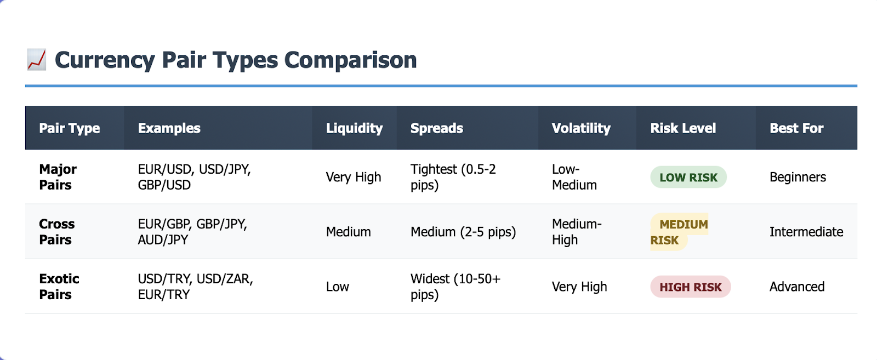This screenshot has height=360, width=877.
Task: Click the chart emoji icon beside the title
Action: point(36,60)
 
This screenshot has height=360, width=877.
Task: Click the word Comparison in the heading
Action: point(350,60)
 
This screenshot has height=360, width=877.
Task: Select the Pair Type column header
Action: point(69,128)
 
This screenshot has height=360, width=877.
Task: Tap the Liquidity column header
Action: point(354,128)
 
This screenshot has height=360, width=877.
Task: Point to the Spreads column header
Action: point(436,128)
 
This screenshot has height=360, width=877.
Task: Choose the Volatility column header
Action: point(581,128)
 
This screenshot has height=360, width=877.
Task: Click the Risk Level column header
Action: point(683,128)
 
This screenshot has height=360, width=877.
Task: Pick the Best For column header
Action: point(796,128)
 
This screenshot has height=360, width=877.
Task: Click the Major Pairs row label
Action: point(58,177)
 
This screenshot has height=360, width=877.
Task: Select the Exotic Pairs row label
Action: point(59,287)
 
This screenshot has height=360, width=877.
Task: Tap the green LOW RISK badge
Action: point(688,178)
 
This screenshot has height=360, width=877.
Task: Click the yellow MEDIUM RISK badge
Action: point(679,232)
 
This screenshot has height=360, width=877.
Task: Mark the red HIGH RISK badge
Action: point(690,287)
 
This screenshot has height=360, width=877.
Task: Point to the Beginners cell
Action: point(798,177)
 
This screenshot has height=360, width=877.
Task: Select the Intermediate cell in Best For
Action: point(806,232)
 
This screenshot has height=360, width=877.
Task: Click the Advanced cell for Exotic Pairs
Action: point(797,287)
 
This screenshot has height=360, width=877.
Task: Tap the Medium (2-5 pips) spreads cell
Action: point(463,232)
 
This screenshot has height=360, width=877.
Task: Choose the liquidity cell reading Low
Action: point(337,287)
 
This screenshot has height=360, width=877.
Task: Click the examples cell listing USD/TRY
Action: point(195,287)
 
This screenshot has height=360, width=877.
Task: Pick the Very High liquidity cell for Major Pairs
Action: point(353,177)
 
